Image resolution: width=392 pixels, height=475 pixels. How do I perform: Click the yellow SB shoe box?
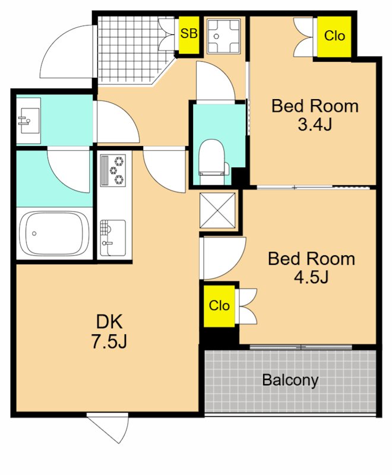pos(189,35)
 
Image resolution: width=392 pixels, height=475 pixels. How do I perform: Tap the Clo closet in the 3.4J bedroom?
pos(334,36)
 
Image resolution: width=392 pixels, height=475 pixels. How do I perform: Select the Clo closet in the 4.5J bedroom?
pos(219,306)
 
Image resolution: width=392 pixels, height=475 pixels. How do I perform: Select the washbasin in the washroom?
pos(29,121)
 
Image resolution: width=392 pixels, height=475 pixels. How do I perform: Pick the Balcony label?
pos(290,381)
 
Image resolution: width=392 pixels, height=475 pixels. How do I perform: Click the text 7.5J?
pos(109,342)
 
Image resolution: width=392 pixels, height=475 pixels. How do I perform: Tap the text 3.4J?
pos(315,124)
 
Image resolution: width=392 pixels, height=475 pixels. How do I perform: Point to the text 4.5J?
pos(311,277)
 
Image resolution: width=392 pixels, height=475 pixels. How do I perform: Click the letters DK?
pos(109,322)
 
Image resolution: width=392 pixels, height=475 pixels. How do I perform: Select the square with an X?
pos(217,210)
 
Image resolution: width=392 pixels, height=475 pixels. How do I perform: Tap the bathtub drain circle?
pos(34,233)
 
